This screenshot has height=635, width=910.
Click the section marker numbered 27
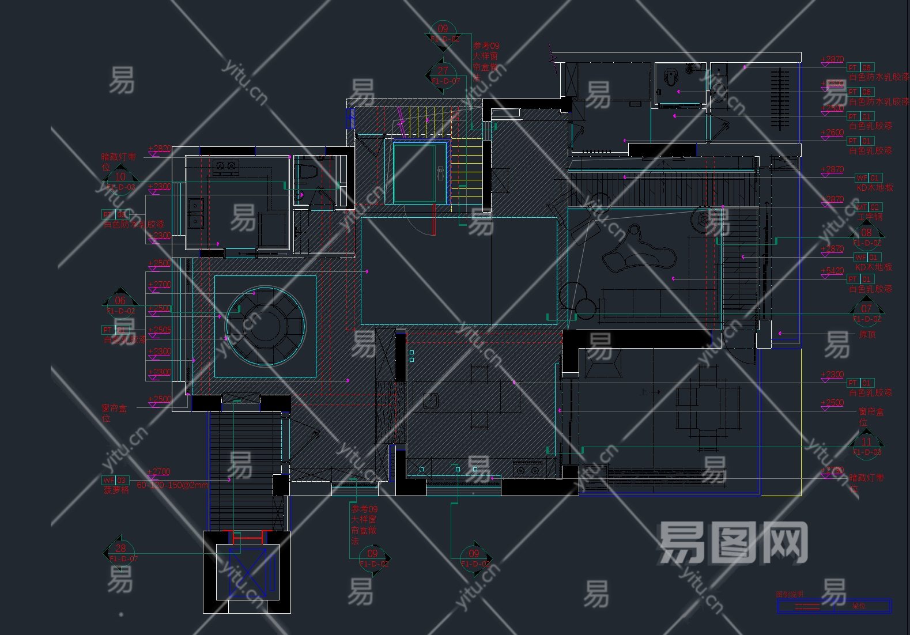tap(443, 74)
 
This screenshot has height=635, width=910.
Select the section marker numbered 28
tap(120, 553)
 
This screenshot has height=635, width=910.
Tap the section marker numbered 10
tap(120, 180)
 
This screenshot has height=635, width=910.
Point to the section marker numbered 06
tap(120, 304)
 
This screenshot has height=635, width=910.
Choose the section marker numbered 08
tap(866, 236)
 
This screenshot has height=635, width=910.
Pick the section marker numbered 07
tap(866, 312)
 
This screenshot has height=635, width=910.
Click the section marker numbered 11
tap(866, 445)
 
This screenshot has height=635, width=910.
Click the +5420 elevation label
tap(832, 271)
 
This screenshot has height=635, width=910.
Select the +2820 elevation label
tap(160, 149)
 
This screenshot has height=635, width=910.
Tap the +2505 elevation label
tap(160, 330)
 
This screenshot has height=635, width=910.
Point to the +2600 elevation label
tap(832, 133)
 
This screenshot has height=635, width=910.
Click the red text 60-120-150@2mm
tap(172, 485)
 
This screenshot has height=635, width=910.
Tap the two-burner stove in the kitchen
tap(225, 167)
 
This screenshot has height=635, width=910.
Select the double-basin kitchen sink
tap(196, 213)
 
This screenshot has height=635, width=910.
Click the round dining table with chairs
tap(265, 326)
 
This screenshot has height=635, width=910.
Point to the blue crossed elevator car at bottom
tap(248, 573)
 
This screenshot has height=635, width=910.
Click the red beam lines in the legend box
tap(807, 606)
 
